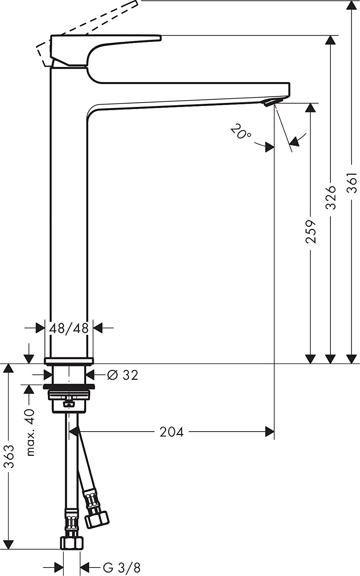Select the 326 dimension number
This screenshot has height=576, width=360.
coord(331,197)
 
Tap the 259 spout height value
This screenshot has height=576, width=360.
coord(310,232)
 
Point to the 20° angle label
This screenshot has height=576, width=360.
coord(241,132)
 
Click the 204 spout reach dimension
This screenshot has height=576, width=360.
coord(172,432)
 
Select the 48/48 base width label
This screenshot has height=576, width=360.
coord(69,328)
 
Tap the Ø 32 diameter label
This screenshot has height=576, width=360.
coord(123,375)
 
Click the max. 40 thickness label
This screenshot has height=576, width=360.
coord(30,432)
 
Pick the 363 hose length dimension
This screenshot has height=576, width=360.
coord(9,456)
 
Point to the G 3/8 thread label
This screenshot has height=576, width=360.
coord(122,567)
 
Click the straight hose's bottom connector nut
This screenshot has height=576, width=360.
coord(72,543)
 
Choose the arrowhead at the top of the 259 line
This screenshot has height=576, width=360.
coord(310,108)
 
